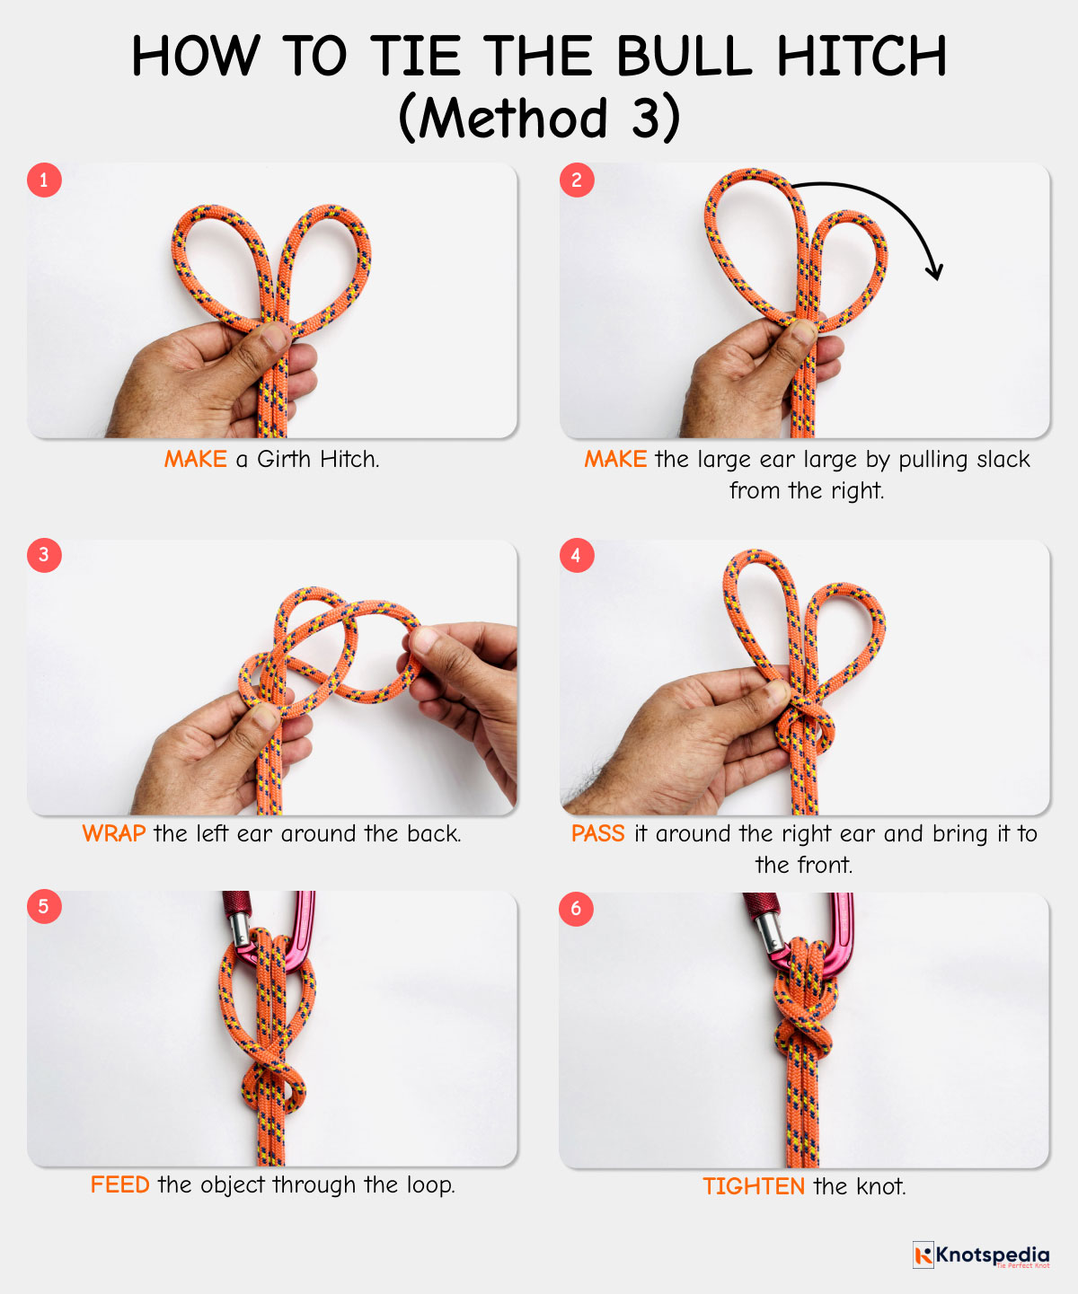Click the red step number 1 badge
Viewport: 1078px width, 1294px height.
[44, 180]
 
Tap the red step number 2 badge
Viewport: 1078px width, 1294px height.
[577, 180]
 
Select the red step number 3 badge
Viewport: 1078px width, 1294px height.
[44, 555]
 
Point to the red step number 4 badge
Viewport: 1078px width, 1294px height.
[577, 555]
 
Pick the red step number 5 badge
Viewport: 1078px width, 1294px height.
[44, 907]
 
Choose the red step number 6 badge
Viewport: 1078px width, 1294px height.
[576, 909]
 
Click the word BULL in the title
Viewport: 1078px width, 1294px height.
[685, 56]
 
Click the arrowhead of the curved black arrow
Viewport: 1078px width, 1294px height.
[935, 272]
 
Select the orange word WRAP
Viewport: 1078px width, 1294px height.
[114, 833]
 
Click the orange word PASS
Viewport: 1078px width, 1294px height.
[597, 833]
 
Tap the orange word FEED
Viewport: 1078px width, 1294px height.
[119, 1185]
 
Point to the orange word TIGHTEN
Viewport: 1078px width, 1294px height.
[754, 1186]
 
